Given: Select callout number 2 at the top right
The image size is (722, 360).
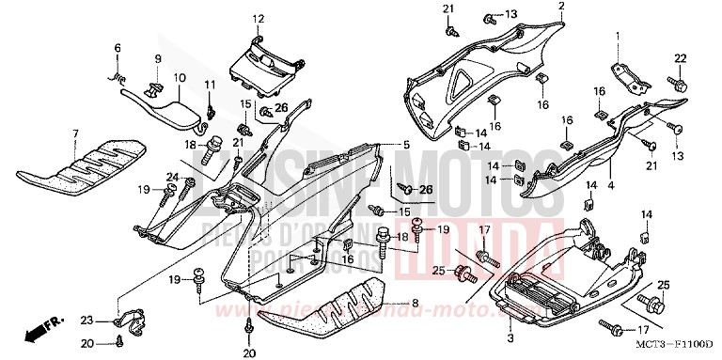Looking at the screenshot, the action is tap(561, 7).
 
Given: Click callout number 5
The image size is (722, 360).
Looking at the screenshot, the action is tap(407, 145).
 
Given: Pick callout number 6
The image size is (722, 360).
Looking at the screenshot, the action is tap(118, 48).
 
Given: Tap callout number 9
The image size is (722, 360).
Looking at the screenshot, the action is tap(158, 60).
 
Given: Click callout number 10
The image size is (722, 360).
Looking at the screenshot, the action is tap(180, 77).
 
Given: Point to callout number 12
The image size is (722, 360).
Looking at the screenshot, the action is tap(259, 19).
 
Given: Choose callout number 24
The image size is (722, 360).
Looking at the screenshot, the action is tap(172, 175).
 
